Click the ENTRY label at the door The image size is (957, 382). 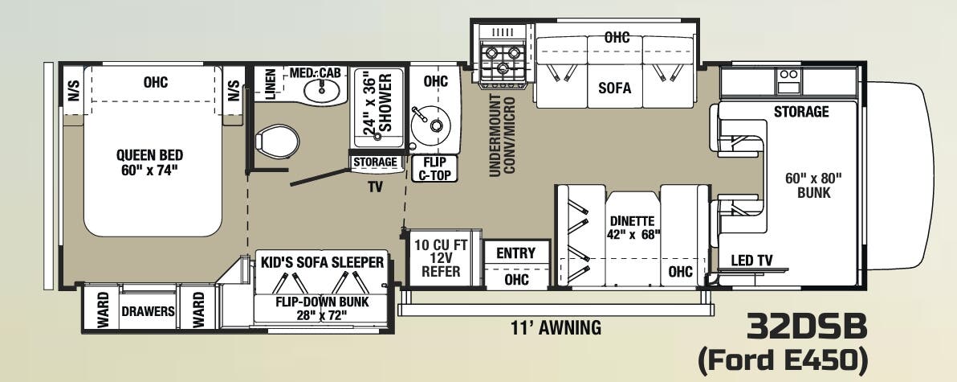pos(515,253)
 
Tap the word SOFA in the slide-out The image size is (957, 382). pos(615,88)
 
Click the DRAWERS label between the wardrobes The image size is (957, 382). pos(149,311)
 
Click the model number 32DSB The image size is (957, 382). pos(807,328)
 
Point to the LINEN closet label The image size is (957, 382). pos(271,84)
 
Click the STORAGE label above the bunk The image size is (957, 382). pos(801,112)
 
